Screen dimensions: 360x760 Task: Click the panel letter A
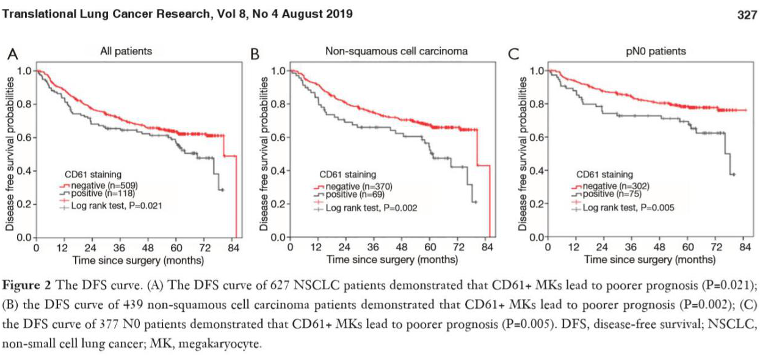pos(12,54)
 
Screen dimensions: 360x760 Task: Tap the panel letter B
pos(256,54)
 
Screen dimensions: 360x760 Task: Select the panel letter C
pos(514,54)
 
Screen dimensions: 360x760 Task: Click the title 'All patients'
pos(126,52)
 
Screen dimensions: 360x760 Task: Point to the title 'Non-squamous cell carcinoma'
pos(397,52)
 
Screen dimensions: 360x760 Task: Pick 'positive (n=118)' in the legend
pos(99,193)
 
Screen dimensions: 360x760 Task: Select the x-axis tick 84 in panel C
pos(744,248)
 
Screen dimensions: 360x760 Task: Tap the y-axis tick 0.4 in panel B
pos(278,170)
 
